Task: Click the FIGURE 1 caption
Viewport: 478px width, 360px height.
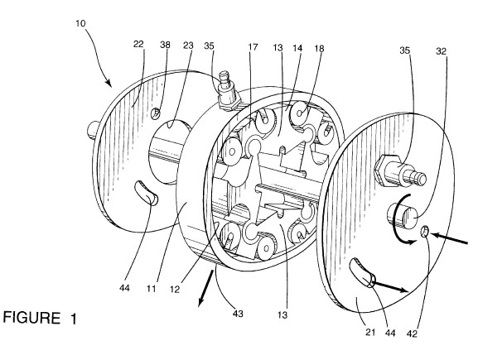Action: [x=40, y=318]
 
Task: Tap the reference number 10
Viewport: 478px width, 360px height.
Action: [x=80, y=23]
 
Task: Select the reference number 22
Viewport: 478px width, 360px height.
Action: [x=138, y=44]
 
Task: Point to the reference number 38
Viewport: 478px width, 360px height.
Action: [x=165, y=45]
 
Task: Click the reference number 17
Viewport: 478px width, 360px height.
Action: [x=253, y=47]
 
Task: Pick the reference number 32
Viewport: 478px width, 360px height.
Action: [x=441, y=51]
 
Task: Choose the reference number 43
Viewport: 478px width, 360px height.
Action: [x=238, y=314]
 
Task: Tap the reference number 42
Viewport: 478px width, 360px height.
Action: [x=412, y=334]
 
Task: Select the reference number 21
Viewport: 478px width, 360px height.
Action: [x=370, y=332]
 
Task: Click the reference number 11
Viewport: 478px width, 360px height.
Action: [x=152, y=288]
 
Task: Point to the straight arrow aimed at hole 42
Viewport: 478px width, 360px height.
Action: [x=449, y=238]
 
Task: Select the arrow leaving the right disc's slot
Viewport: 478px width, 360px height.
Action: [x=390, y=287]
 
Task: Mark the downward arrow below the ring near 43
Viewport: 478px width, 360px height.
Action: [x=205, y=288]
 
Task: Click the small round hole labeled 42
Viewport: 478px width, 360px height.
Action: [x=424, y=231]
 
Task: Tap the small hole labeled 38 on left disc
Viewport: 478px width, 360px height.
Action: [x=155, y=113]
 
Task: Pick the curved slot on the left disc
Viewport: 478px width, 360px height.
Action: [x=147, y=193]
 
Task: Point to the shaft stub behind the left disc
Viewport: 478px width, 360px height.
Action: [x=92, y=130]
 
